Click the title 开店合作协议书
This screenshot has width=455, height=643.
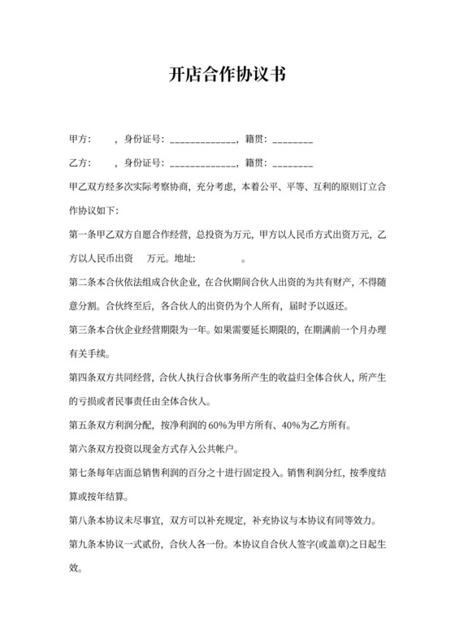[x=227, y=75]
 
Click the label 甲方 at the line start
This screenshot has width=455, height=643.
[x=80, y=140]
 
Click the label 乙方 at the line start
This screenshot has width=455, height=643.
[x=80, y=163]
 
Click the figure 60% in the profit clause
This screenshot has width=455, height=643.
[x=222, y=425]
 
